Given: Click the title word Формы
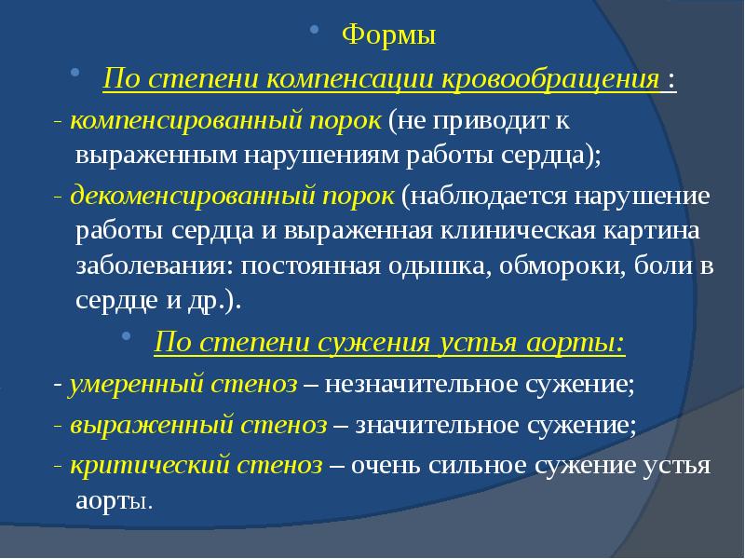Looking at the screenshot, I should [388, 35].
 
